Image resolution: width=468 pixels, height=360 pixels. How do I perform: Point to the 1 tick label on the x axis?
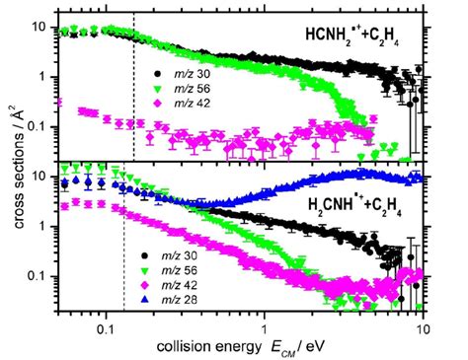[x=265, y=323]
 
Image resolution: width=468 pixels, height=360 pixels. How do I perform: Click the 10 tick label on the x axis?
[x=423, y=323]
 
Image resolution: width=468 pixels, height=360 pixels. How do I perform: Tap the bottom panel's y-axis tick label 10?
[x=39, y=177]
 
